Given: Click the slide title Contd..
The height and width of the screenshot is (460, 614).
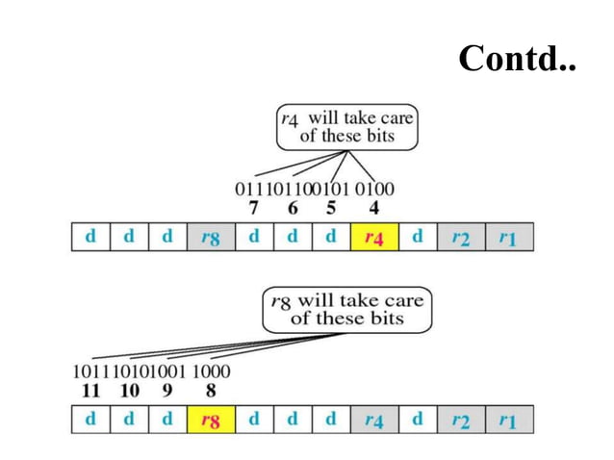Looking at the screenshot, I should coord(516,59).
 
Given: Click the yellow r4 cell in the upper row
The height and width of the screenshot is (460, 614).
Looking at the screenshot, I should coord(372,237).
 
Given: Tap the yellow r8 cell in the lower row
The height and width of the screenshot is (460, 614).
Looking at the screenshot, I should coord(209,420).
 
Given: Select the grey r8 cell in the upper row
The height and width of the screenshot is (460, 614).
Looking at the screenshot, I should coord(209,237).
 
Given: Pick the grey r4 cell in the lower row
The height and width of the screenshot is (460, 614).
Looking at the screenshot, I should coord(372,420).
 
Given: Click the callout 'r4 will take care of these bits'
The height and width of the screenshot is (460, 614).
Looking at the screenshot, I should coord(346,127).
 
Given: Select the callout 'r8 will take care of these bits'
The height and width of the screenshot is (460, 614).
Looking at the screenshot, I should coord(347,309).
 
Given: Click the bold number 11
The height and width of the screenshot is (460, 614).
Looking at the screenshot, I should coord(92,391).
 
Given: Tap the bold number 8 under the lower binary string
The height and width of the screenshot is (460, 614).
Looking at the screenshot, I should coord(210,391).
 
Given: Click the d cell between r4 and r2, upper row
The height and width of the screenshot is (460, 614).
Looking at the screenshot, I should coord(417,237).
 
